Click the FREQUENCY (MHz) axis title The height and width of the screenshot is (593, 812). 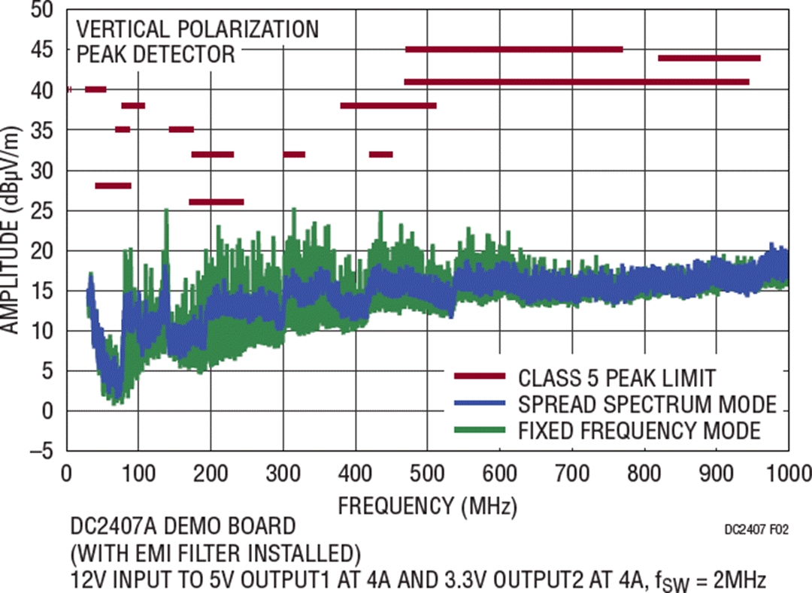point(427,505)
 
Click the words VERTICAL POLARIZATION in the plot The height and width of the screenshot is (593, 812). point(197,29)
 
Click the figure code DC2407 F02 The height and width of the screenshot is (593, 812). point(756,529)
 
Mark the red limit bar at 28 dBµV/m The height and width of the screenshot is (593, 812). point(113,186)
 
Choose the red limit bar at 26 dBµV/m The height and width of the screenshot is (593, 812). point(216,201)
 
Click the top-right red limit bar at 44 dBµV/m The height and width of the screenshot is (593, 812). point(709,58)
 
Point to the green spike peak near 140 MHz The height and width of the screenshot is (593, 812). point(166,210)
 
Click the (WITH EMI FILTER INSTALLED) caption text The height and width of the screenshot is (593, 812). point(213,553)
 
